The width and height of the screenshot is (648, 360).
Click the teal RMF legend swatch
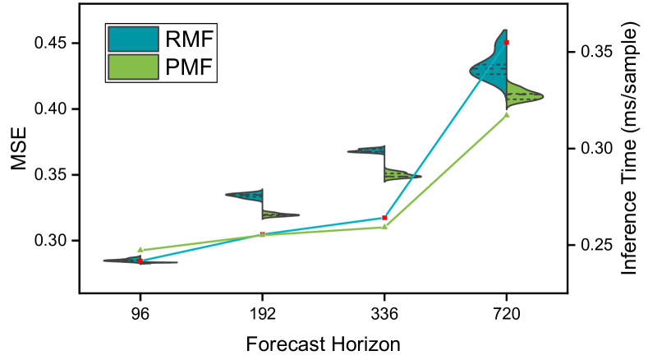tap(132, 39)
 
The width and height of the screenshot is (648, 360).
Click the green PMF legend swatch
tap(132, 67)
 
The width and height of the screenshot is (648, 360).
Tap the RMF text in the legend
tap(189, 39)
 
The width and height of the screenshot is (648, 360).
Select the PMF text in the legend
tap(189, 67)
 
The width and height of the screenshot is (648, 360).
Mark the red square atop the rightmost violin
tap(507, 42)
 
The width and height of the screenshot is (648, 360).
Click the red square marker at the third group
tap(384, 217)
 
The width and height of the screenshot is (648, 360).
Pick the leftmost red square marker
tap(140, 261)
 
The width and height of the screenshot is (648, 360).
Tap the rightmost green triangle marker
tap(507, 114)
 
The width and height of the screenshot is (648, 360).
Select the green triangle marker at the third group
tap(385, 226)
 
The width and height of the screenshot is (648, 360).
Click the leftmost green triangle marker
tap(140, 248)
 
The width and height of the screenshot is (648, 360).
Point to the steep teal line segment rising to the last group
tap(446, 129)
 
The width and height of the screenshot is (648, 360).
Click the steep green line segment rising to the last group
tap(446, 170)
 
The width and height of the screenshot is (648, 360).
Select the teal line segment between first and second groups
tap(201, 247)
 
